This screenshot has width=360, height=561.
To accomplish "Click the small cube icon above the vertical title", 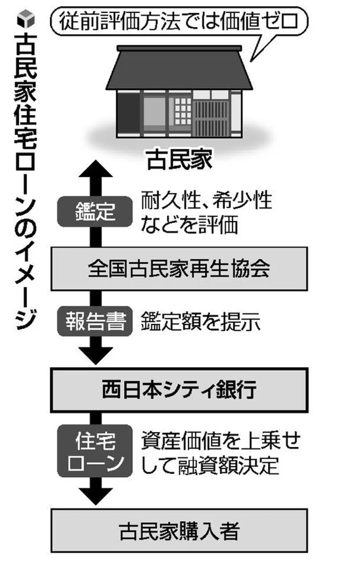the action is (26, 18).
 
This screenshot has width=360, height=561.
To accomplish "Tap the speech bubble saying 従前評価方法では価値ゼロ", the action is (179, 22).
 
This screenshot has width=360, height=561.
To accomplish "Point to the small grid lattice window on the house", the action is (183, 111).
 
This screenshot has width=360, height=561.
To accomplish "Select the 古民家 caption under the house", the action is (180, 159).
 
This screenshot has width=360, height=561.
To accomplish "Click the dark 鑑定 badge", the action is (95, 211).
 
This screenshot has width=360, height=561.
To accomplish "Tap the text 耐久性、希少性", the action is (206, 200).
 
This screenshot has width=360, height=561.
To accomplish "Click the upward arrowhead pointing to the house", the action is (96, 169).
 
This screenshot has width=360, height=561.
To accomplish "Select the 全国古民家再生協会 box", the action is (179, 269).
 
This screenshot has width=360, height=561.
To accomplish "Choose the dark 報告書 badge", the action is (95, 321).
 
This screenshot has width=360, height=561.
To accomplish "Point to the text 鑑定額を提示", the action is (200, 321).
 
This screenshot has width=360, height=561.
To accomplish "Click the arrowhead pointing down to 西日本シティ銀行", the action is (96, 356).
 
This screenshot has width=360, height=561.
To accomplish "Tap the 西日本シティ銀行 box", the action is (179, 390).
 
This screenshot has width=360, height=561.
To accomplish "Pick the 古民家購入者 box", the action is (179, 530).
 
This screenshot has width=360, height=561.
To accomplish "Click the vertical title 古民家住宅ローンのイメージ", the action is (26, 182).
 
